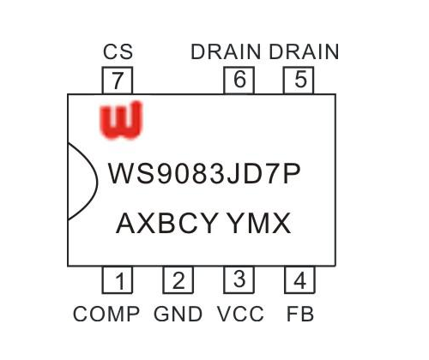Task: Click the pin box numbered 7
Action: (x=118, y=81)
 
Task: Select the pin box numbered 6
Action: (x=239, y=81)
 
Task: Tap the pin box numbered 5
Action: (x=299, y=81)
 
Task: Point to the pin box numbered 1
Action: (x=118, y=280)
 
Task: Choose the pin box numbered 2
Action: (x=178, y=280)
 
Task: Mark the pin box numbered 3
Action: (x=239, y=280)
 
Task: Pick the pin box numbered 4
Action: (x=299, y=280)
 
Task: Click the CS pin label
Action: (x=118, y=51)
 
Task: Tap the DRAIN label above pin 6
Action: (x=226, y=51)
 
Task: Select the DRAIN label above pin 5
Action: (x=304, y=51)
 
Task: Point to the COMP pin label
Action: (x=106, y=314)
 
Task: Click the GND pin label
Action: (x=178, y=314)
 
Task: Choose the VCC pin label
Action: (x=240, y=314)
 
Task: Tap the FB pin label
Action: (x=300, y=314)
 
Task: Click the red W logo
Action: (x=121, y=121)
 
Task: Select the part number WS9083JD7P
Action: (x=204, y=173)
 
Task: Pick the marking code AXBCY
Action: (x=166, y=223)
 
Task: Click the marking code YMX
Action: (x=259, y=223)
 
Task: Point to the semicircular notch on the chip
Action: (x=97, y=182)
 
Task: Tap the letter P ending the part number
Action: (x=292, y=173)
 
